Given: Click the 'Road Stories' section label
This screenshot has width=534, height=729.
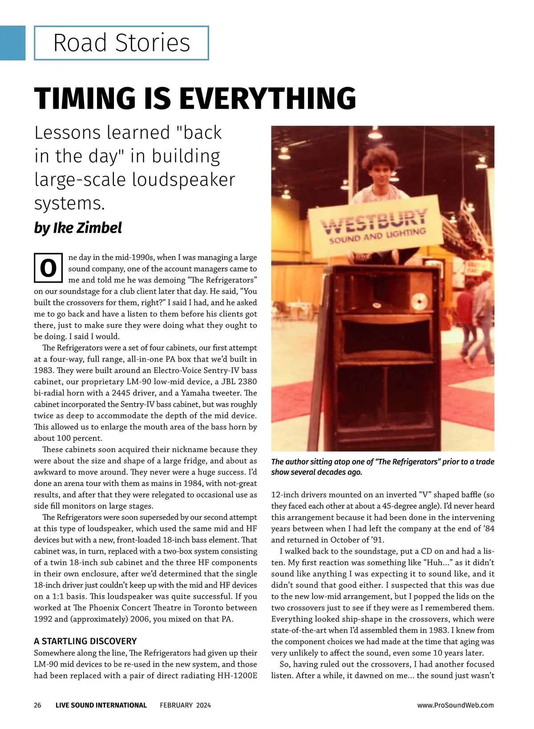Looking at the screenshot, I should click(x=121, y=43).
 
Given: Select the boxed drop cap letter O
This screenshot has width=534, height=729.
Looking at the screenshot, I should click(x=48, y=268).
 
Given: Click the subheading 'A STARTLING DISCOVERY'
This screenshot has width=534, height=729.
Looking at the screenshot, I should click(x=85, y=641).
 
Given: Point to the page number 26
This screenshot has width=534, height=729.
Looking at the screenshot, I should click(x=37, y=705).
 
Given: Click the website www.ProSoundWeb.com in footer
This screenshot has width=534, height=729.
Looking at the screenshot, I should click(x=455, y=705).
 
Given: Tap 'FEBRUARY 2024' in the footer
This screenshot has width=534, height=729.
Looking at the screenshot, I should click(x=185, y=705).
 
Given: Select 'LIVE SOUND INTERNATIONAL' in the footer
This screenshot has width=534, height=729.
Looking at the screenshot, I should click(x=101, y=705).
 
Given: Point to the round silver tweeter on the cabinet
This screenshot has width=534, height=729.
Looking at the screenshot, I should click(x=417, y=303).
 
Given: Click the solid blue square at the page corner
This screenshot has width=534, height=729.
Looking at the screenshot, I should click(x=12, y=43).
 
